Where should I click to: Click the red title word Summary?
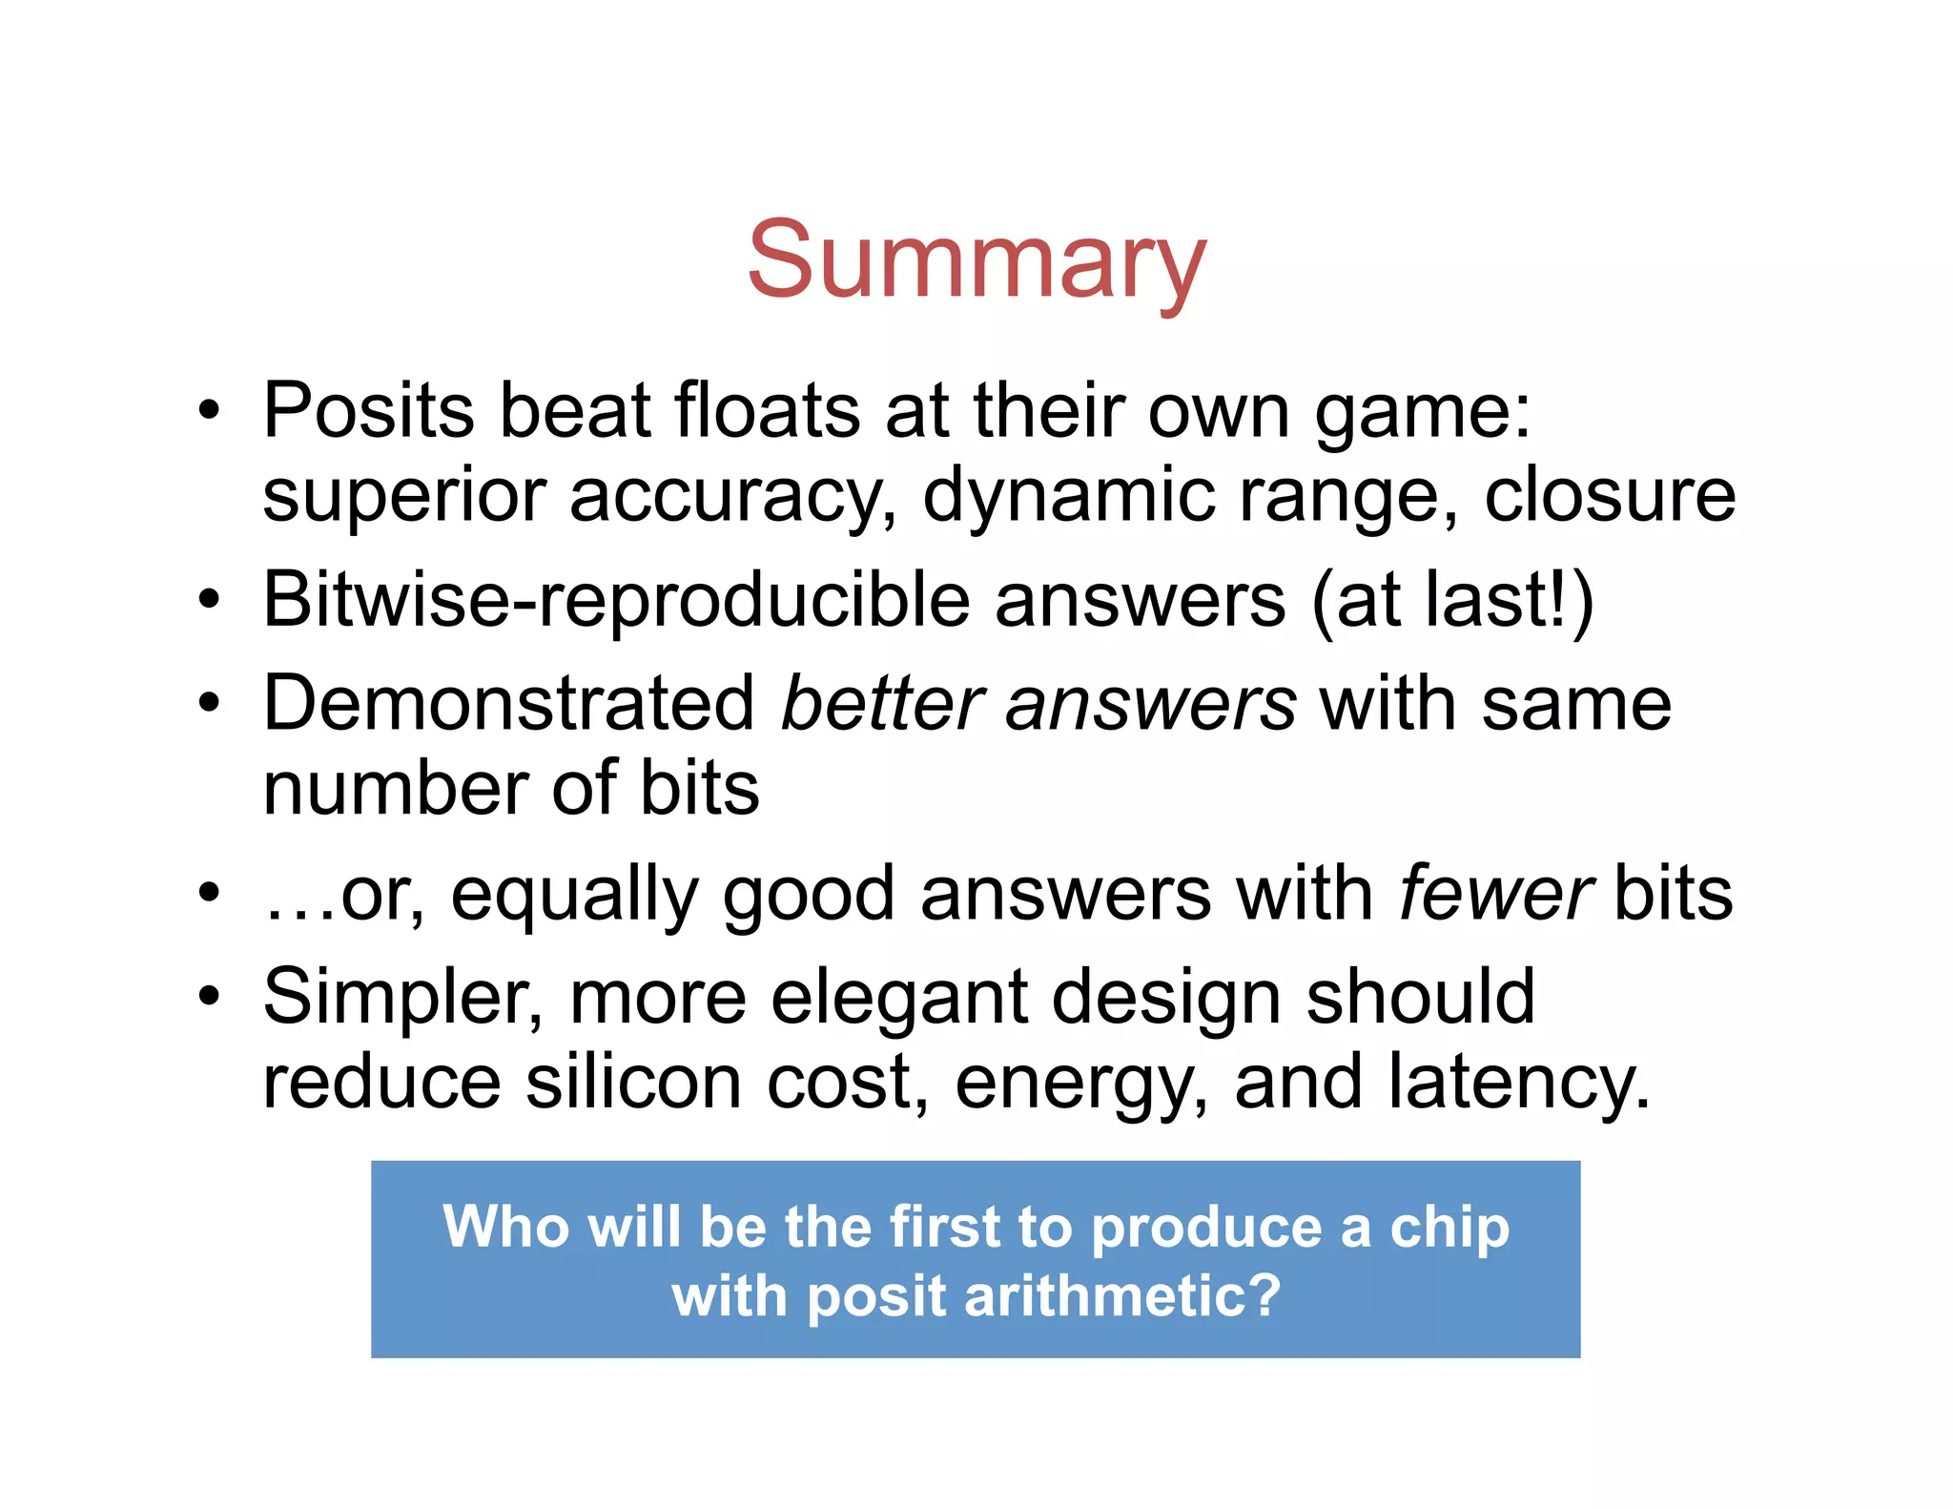pos(976,259)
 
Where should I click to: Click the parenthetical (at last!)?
pos(1452,601)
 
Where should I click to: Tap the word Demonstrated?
pos(509,704)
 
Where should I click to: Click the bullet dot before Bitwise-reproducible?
pos(209,601)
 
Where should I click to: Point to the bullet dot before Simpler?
pos(209,998)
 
